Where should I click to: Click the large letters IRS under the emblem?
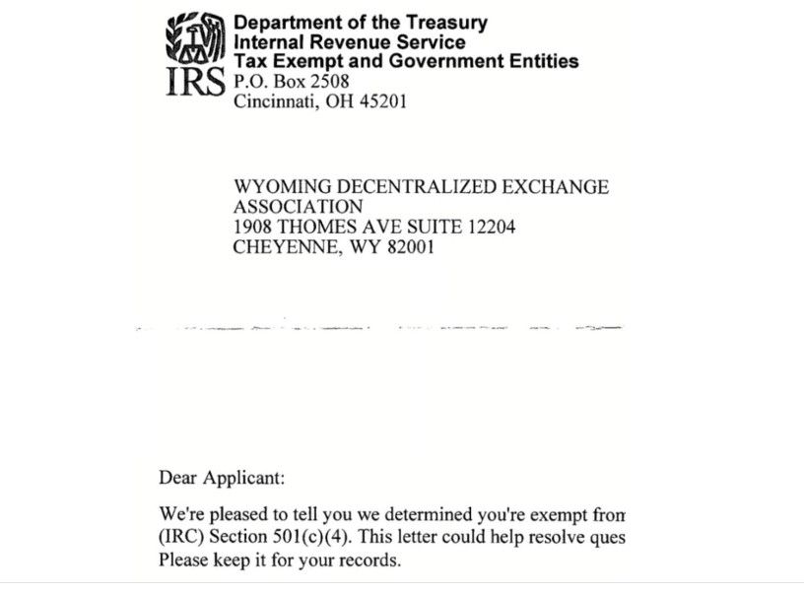(195, 84)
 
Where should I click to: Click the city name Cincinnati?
(274, 101)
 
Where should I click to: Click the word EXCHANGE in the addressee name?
(563, 187)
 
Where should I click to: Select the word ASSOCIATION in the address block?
(298, 207)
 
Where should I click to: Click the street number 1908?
(254, 228)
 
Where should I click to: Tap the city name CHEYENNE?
(281, 248)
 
